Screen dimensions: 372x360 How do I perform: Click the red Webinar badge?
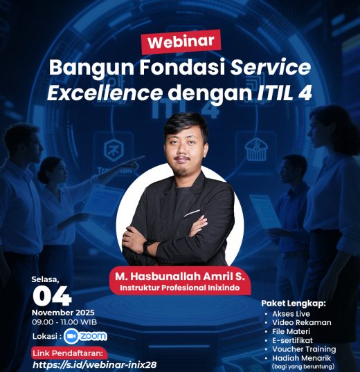pyautogui.click(x=181, y=41)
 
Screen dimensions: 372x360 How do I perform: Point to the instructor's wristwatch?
pyautogui.click(x=147, y=246)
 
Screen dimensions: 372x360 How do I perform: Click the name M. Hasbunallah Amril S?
pyautogui.click(x=180, y=276)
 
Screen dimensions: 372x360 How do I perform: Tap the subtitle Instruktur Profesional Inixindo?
pyautogui.click(x=180, y=288)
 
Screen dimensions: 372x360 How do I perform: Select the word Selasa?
pyautogui.click(x=46, y=279)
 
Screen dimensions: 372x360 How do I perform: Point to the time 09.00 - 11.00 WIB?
pyautogui.click(x=64, y=322)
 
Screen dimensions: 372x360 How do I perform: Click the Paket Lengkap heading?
pyautogui.click(x=293, y=304)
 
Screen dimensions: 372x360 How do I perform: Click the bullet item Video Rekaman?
pyautogui.click(x=302, y=322)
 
